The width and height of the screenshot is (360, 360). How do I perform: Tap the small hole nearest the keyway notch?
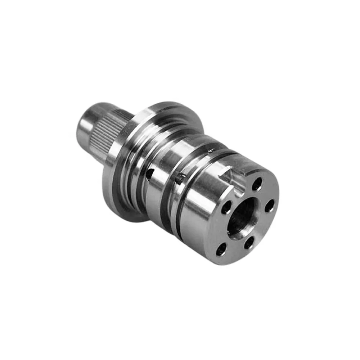pyautogui.click(x=257, y=184)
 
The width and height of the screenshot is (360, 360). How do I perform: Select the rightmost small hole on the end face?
pyautogui.click(x=269, y=206)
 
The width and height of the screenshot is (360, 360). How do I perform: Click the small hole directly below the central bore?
pyautogui.click(x=248, y=243)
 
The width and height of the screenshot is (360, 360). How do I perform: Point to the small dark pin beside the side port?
pyautogui.click(x=180, y=177)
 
